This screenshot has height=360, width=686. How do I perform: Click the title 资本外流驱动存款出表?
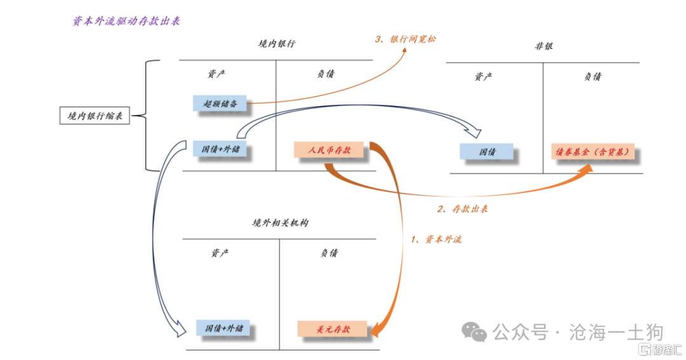click(126, 22)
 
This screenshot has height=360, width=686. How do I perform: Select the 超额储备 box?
click(220, 103)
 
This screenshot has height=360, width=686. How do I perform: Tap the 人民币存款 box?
click(330, 150)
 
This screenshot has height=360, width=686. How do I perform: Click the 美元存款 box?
click(333, 330)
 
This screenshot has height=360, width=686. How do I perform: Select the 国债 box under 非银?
click(487, 152)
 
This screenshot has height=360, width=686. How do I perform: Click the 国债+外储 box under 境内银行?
click(220, 150)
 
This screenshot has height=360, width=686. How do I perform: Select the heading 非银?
click(544, 46)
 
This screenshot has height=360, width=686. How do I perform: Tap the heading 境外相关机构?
click(280, 223)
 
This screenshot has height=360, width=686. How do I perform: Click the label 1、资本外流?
click(436, 239)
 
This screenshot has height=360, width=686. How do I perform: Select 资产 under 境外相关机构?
click(220, 253)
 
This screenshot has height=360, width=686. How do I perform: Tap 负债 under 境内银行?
click(325, 74)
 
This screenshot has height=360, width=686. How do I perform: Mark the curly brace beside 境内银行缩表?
click(149, 116)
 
